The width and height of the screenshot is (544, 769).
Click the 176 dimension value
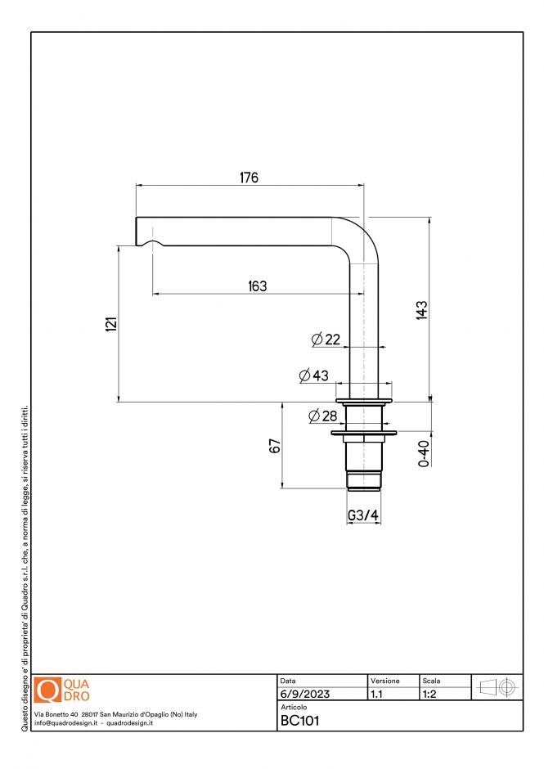click(249, 178)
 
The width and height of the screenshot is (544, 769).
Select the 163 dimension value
click(257, 286)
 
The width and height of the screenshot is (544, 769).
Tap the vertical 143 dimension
click(421, 310)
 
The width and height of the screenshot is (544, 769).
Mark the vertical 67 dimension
click(275, 446)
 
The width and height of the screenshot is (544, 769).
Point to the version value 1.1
click(377, 695)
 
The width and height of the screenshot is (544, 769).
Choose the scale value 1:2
click(429, 695)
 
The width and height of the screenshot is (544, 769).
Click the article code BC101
click(299, 721)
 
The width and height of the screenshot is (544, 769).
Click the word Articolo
click(293, 706)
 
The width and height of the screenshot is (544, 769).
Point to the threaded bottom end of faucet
click(364, 480)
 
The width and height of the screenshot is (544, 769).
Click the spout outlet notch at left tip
click(151, 243)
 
